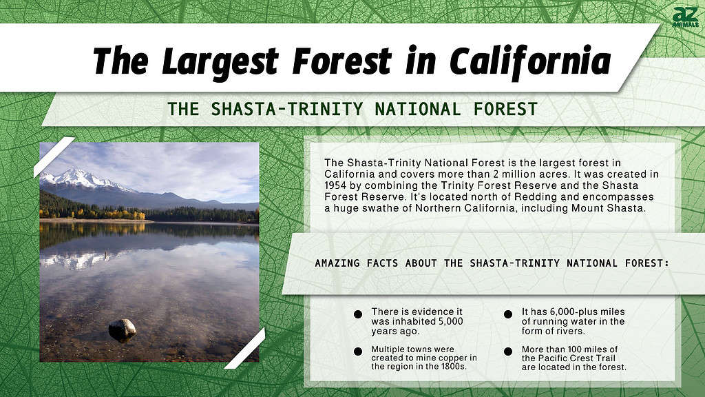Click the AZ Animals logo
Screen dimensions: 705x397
click(x=685, y=17)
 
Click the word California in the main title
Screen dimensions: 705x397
click(x=530, y=61)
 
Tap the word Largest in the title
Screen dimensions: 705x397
click(x=220, y=61)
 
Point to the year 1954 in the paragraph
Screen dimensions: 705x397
click(x=335, y=185)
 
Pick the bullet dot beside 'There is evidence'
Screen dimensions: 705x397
click(x=358, y=314)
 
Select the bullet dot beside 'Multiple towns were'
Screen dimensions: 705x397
click(x=358, y=352)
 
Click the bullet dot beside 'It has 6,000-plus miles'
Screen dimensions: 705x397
click(x=508, y=314)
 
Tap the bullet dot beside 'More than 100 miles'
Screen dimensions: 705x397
click(x=508, y=352)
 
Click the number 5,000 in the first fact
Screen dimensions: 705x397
click(x=450, y=321)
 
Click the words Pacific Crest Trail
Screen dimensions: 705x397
click(x=568, y=358)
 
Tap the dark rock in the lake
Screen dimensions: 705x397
click(x=123, y=329)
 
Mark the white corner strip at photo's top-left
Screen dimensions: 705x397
click(x=54, y=157)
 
